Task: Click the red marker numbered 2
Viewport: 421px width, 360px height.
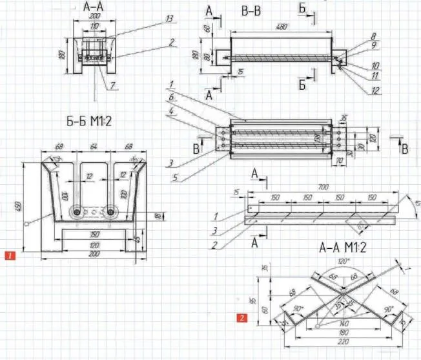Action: [241, 317]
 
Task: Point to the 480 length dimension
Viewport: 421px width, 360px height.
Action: [281, 27]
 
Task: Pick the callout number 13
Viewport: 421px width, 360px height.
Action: [169, 19]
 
